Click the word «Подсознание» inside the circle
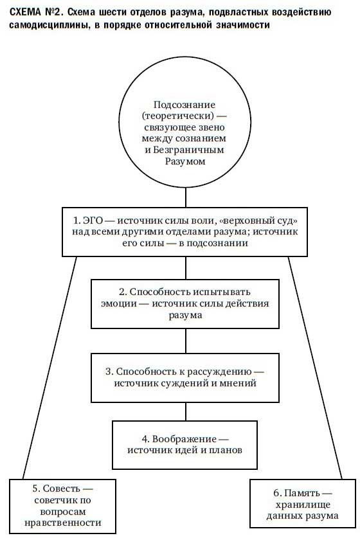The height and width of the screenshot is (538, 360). (184, 105)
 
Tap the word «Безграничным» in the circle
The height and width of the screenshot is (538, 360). (188, 150)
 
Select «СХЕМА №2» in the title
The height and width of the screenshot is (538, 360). (35, 12)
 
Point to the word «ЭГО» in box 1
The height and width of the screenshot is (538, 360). (93, 220)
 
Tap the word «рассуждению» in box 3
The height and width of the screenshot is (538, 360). (220, 372)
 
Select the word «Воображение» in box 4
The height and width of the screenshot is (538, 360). (184, 439)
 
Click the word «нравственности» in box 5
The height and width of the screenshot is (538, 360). (63, 523)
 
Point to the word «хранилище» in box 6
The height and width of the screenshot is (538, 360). (303, 505)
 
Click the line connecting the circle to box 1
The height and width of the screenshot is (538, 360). (186, 197)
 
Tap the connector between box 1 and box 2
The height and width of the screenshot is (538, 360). (186, 268)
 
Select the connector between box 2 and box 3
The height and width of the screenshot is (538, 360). (186, 341)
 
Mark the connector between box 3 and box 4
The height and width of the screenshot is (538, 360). (186, 412)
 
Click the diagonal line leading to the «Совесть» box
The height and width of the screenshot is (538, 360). (50, 368)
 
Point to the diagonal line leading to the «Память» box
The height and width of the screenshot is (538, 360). (315, 368)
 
